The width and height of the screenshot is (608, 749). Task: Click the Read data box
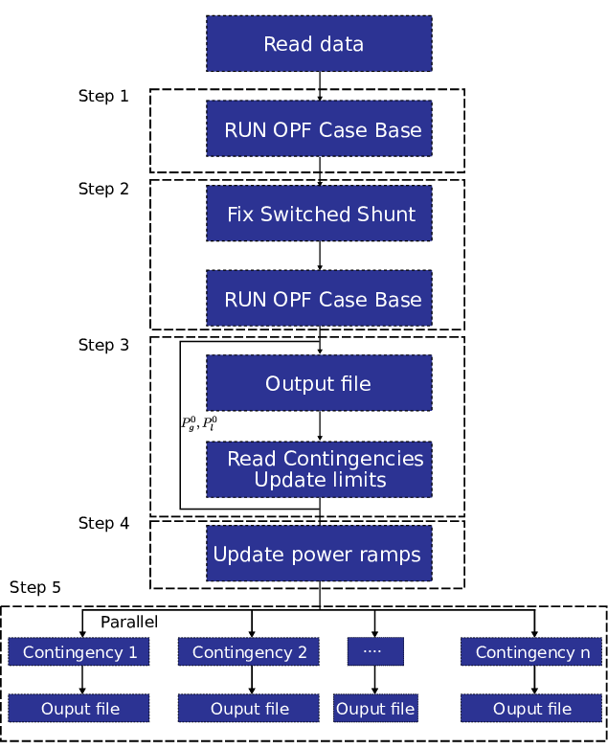click(319, 43)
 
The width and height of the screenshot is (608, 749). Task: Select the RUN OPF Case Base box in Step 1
click(319, 129)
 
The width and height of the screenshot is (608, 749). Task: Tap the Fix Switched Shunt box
click(319, 214)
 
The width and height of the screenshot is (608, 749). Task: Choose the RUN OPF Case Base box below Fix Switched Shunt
click(319, 299)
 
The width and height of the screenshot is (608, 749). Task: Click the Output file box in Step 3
click(319, 383)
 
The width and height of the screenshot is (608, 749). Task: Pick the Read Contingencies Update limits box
click(319, 469)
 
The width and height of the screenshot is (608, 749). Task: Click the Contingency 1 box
click(79, 652)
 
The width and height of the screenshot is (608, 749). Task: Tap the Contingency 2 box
click(250, 652)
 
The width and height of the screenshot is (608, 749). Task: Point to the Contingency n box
click(532, 652)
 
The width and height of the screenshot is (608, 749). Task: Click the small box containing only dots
click(374, 652)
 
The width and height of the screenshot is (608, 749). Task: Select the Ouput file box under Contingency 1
click(79, 709)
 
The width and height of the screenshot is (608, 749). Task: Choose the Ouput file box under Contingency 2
click(250, 709)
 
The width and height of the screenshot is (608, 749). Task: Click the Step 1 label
click(103, 96)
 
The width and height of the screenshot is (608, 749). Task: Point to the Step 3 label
click(103, 345)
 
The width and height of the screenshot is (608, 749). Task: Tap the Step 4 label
click(103, 523)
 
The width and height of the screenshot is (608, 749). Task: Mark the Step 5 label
click(35, 587)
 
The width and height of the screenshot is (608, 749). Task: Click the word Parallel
click(129, 623)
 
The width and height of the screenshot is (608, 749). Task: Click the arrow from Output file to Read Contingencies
click(320, 426)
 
